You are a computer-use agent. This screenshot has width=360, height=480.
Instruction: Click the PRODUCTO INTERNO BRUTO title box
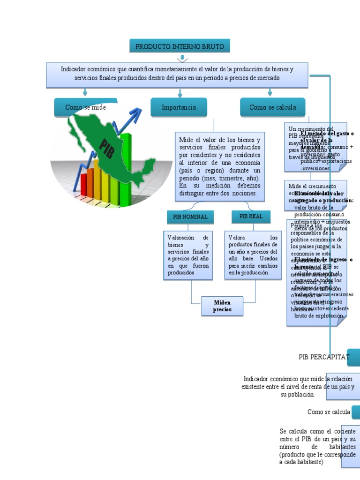[x=180, y=46]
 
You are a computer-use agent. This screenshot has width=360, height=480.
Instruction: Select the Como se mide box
[x=85, y=107]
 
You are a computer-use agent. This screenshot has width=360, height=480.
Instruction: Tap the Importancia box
[x=179, y=107]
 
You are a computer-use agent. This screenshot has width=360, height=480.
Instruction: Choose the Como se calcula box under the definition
[x=272, y=107]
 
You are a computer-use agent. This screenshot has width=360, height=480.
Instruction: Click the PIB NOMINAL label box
[x=190, y=217]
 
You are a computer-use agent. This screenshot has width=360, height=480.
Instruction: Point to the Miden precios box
[x=222, y=306]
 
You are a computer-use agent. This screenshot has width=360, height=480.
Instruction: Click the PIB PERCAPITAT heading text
[x=324, y=357]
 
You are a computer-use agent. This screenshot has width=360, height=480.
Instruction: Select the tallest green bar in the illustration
[x=126, y=164]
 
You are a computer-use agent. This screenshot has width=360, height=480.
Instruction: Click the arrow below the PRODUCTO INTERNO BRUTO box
[x=182, y=59]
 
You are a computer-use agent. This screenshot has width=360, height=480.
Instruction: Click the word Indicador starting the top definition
[x=75, y=69]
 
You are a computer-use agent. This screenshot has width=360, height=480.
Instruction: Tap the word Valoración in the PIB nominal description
[x=180, y=238]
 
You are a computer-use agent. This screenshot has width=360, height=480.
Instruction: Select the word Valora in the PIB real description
[x=237, y=238]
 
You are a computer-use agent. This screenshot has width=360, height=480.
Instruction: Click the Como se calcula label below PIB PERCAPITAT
[x=329, y=412]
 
